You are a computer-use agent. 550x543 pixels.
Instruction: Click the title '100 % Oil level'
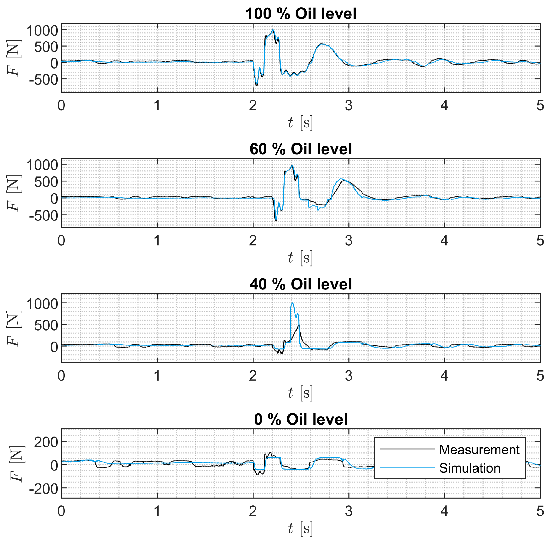301,14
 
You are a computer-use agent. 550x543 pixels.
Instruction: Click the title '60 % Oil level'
301,149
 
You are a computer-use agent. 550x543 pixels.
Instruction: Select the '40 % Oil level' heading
301,284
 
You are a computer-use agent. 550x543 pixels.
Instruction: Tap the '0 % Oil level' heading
301,419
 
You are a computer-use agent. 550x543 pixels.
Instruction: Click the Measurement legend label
479,450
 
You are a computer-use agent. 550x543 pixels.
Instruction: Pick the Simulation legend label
470,468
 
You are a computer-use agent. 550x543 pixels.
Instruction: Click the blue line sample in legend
407,467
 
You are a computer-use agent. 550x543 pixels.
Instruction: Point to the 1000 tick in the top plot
42,30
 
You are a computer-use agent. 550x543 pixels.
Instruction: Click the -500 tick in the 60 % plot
43,216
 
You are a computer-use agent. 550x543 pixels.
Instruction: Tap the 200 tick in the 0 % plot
46,442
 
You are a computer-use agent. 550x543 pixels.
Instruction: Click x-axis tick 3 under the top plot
349,105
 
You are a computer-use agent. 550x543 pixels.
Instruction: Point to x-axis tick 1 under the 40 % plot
157,376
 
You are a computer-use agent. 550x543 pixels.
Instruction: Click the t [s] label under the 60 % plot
300,258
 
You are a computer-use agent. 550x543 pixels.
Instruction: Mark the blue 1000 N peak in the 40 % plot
292,303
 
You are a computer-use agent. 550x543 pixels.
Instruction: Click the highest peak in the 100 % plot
273,30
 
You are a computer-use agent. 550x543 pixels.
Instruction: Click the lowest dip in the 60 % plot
275,220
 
